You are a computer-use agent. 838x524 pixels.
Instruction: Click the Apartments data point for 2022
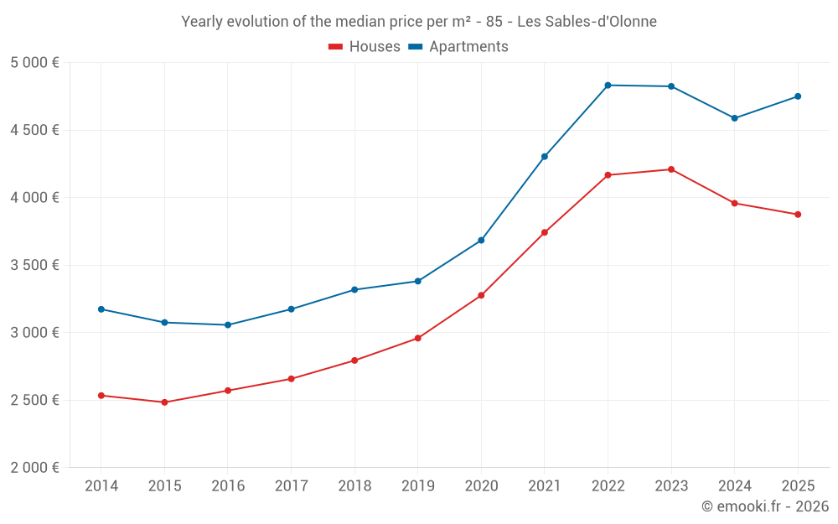[x=608, y=86]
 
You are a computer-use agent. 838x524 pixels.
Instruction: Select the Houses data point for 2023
[x=671, y=169]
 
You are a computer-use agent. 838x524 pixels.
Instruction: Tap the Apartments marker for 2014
[x=101, y=309]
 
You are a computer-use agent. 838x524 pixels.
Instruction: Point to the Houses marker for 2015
[x=164, y=402]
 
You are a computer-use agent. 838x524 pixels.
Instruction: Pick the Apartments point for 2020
[x=481, y=241]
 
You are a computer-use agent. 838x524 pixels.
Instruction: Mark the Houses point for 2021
[x=545, y=232]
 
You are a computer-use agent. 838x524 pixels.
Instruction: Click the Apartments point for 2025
[x=798, y=96]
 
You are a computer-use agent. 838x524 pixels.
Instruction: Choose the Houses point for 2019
[x=418, y=339]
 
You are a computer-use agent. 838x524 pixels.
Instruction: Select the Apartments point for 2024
[x=735, y=118]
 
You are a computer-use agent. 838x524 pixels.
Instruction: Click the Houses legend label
[x=375, y=47]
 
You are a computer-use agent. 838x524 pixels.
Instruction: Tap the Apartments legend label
[x=468, y=47]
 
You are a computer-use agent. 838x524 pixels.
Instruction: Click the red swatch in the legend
[x=336, y=47]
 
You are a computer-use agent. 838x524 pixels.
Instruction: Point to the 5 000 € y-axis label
[x=34, y=63]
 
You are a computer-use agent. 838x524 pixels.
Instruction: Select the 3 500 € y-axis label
[x=34, y=265]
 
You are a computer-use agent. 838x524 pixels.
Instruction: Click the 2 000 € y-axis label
[x=34, y=468]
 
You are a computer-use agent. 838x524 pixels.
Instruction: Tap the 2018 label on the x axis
[x=354, y=486]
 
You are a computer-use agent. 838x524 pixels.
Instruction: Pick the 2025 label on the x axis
[x=798, y=486]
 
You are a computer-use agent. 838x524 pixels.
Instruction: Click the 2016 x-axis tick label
[x=228, y=486]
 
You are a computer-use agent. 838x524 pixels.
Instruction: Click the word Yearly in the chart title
[x=204, y=21]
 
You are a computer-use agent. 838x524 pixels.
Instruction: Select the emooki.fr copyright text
[x=765, y=506]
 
